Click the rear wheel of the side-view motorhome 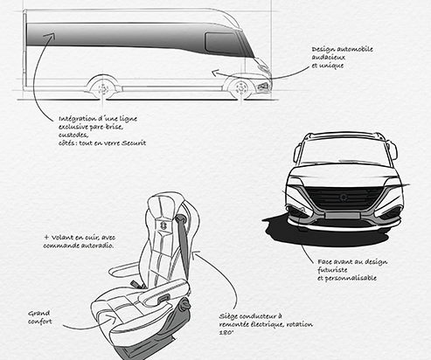[x=103, y=88]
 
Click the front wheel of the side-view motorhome [x=240, y=87]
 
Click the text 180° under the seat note [x=226, y=332]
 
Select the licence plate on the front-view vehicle [x=343, y=216]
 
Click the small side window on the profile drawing [x=221, y=42]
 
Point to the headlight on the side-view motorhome [x=264, y=87]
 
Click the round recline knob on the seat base [x=185, y=305]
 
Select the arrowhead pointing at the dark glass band [x=50, y=37]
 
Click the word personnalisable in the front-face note [x=351, y=278]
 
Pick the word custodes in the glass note [x=73, y=135]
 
